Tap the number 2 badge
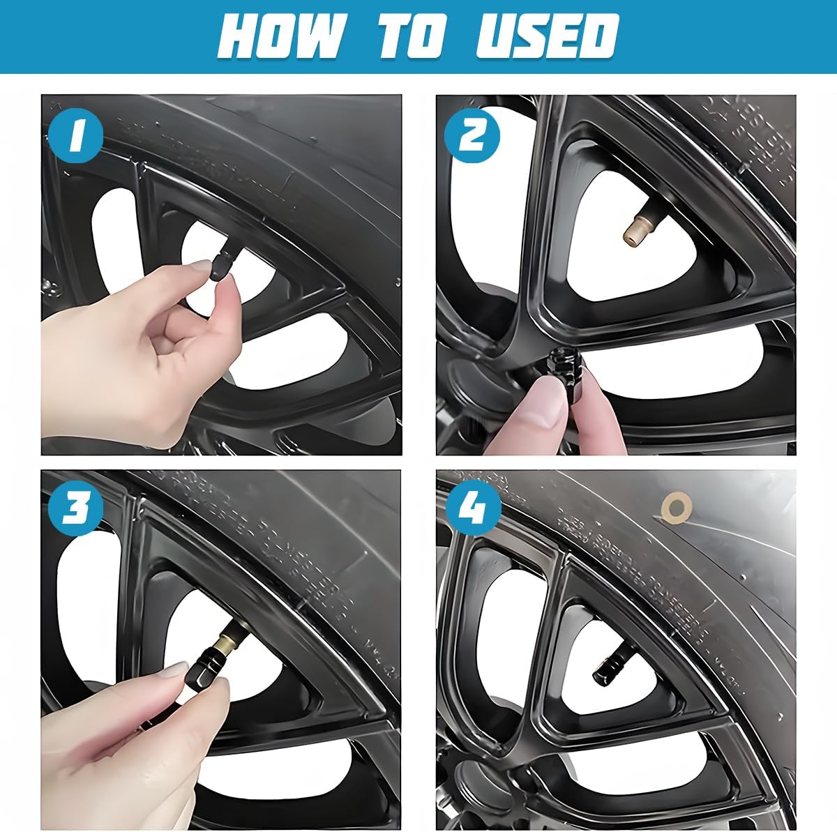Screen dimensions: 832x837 (474, 136)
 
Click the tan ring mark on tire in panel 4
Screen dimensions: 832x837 (674, 503)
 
